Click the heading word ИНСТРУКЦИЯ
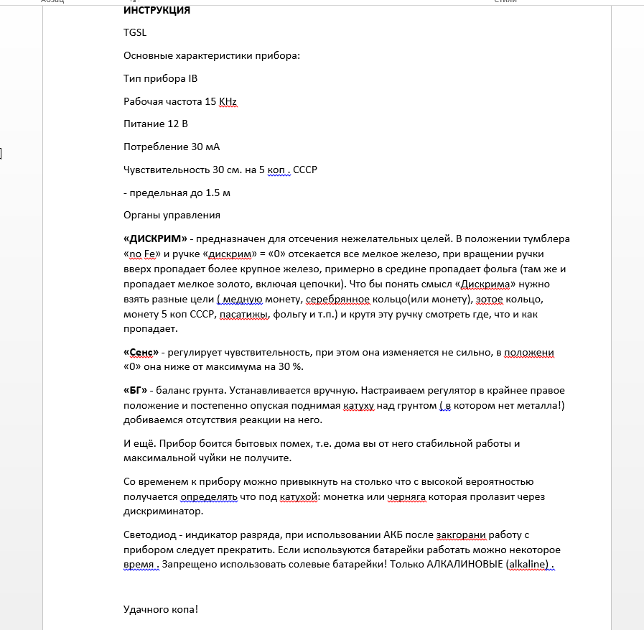pos(157,11)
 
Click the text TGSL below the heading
pos(135,32)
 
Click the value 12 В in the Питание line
pos(177,124)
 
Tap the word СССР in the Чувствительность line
pos(304,170)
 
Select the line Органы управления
pos(172,216)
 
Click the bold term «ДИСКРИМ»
pos(155,238)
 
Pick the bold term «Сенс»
pos(141,353)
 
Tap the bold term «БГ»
pos(135,390)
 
